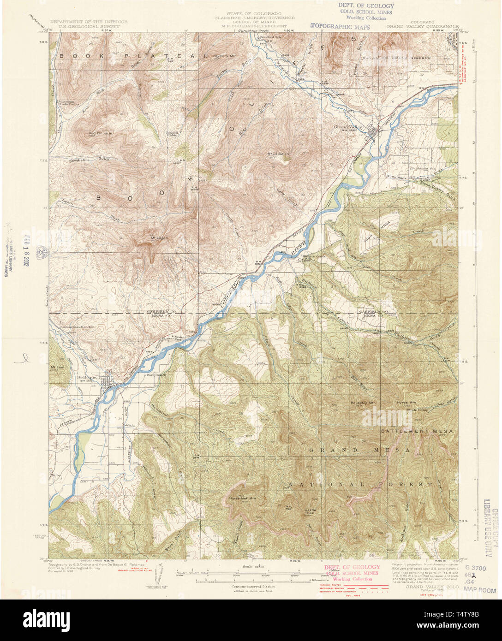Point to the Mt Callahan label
[278, 154]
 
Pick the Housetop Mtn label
[364, 402]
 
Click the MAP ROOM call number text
[480, 590]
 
